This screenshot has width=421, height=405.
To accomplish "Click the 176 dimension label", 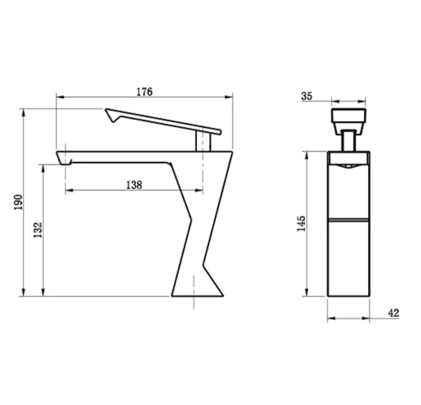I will click(x=144, y=92).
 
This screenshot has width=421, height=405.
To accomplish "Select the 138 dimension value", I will click(x=133, y=185).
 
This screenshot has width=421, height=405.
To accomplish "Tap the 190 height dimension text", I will click(x=17, y=202).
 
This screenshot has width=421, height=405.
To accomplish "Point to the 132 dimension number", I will click(x=38, y=230).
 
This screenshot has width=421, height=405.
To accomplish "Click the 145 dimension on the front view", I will click(x=301, y=223).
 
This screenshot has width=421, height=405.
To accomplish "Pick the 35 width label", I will click(x=306, y=96).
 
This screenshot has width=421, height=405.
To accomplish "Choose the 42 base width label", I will click(x=393, y=313).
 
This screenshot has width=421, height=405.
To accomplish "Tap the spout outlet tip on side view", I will click(x=66, y=162).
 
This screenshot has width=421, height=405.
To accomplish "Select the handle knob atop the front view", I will click(x=349, y=119).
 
